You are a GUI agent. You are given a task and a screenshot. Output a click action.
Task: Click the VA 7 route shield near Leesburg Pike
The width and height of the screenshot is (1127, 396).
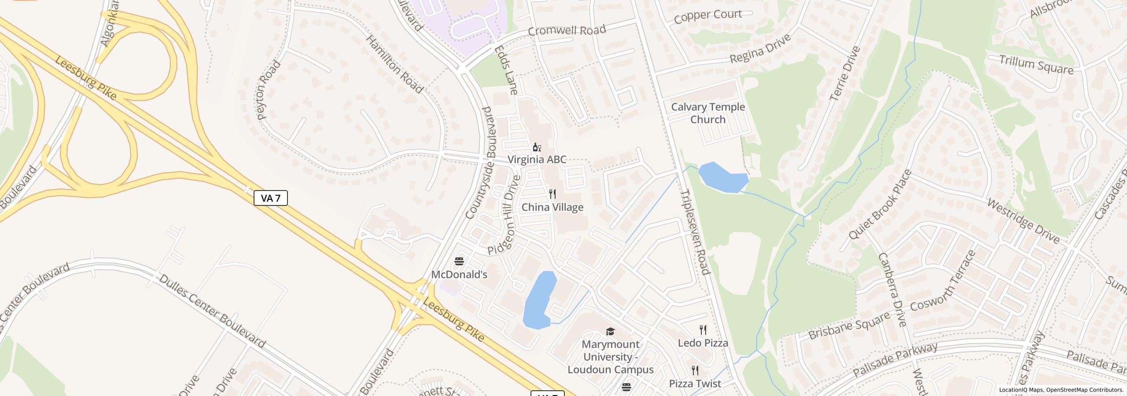tap(271, 198)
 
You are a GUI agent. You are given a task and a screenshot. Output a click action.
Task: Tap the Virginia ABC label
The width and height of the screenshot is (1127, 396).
tap(537, 159)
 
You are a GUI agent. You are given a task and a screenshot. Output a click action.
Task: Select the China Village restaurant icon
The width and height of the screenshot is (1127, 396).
tap(552, 194)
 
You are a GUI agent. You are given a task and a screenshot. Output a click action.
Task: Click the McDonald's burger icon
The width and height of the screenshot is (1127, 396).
tap(459, 262)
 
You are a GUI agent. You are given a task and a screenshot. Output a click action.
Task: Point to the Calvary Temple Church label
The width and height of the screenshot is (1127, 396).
tap(707, 113)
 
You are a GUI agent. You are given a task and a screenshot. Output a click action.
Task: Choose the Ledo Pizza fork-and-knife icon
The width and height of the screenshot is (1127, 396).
tap(703, 330)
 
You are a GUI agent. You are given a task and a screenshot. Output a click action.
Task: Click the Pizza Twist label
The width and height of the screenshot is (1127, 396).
tap(695, 384)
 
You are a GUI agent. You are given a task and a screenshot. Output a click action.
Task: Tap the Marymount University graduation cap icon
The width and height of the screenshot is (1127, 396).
tap(610, 331)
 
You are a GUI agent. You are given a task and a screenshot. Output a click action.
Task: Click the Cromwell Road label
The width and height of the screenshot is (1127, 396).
tap(567, 30)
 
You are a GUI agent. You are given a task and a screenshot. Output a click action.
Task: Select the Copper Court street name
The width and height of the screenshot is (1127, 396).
tap(707, 16)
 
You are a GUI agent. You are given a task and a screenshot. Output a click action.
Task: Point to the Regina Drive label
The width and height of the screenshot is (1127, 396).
tap(760, 49)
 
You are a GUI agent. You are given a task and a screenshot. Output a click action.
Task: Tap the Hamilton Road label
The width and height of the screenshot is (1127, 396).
tap(394, 64)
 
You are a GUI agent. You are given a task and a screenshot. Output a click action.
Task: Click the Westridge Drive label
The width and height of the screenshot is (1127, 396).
tap(1023, 220)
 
